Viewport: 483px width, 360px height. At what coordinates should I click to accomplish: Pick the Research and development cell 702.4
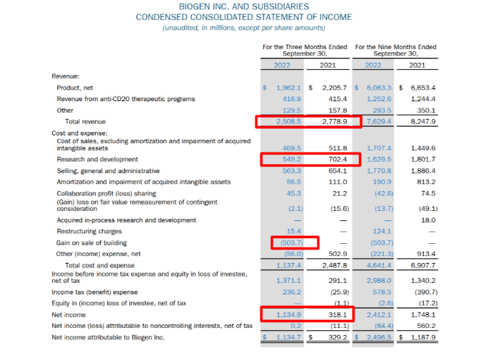click(x=334, y=159)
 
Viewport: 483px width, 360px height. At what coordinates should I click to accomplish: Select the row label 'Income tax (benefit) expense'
click(x=98, y=292)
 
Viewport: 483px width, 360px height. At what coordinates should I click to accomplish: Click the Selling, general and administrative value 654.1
click(x=334, y=171)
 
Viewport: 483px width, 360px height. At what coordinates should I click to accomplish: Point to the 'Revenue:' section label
click(x=66, y=76)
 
